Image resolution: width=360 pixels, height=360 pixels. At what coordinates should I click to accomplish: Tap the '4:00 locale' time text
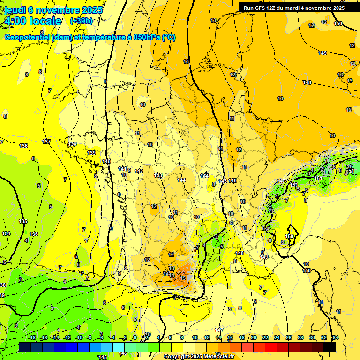click(x=33, y=21)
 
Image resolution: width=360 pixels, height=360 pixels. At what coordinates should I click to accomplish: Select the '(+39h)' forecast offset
click(x=81, y=21)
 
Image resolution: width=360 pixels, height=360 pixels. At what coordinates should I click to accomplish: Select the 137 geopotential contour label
click(x=46, y=142)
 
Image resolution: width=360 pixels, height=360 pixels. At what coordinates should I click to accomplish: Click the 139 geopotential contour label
click(x=91, y=153)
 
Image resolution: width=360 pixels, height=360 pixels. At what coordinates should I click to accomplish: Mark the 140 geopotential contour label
click(x=106, y=161)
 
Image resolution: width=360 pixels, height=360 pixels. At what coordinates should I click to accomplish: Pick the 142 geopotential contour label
click(x=139, y=171)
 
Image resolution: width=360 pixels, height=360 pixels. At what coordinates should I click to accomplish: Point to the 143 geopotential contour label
click(x=158, y=175)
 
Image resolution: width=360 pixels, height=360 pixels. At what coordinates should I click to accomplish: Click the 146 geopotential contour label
click(x=232, y=180)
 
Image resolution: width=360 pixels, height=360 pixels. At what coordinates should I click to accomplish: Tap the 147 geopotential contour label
click(x=219, y=330)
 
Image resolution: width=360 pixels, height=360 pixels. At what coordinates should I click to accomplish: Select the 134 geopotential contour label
click(x=6, y=233)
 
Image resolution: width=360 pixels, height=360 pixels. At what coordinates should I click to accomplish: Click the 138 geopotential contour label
click(x=72, y=144)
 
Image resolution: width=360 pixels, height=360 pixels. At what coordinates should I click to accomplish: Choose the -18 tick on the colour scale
click(x=32, y=337)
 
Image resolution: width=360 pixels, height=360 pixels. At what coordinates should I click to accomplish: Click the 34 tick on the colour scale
click(x=335, y=337)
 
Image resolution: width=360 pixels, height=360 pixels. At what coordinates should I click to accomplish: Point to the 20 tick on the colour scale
click(x=253, y=337)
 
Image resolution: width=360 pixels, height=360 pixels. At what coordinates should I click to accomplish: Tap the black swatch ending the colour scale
click(x=330, y=347)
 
